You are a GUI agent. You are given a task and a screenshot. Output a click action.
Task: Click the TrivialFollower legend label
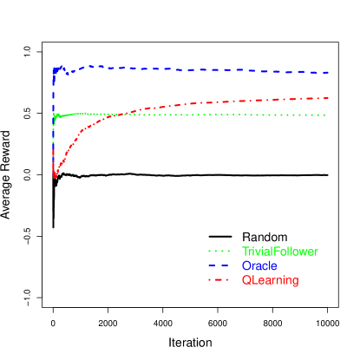(279, 252)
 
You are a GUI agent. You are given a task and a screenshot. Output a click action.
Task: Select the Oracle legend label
(259, 265)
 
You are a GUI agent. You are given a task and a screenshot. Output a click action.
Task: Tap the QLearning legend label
(270, 280)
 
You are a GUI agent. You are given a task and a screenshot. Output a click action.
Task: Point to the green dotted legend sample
(220, 252)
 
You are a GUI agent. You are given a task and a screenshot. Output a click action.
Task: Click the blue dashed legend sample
(220, 265)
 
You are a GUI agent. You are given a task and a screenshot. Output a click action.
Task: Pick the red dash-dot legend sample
(220, 280)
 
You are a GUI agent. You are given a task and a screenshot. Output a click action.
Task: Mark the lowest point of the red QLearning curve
(55, 177)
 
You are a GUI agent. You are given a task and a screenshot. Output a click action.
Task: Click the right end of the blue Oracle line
(328, 73)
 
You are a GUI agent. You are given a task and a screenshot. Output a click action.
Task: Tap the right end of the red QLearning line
(328, 98)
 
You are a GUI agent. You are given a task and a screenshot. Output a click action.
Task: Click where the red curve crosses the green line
(133, 114)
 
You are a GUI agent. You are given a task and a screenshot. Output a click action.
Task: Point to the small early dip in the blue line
(68, 74)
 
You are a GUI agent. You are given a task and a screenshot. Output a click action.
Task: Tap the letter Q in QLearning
(245, 280)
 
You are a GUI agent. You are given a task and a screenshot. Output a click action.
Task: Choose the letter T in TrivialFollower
(245, 252)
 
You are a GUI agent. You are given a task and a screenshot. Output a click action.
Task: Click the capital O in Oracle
(245, 265)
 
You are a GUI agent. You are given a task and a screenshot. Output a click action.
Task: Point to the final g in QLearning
(295, 282)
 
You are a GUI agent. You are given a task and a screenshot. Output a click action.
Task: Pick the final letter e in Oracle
(274, 265)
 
